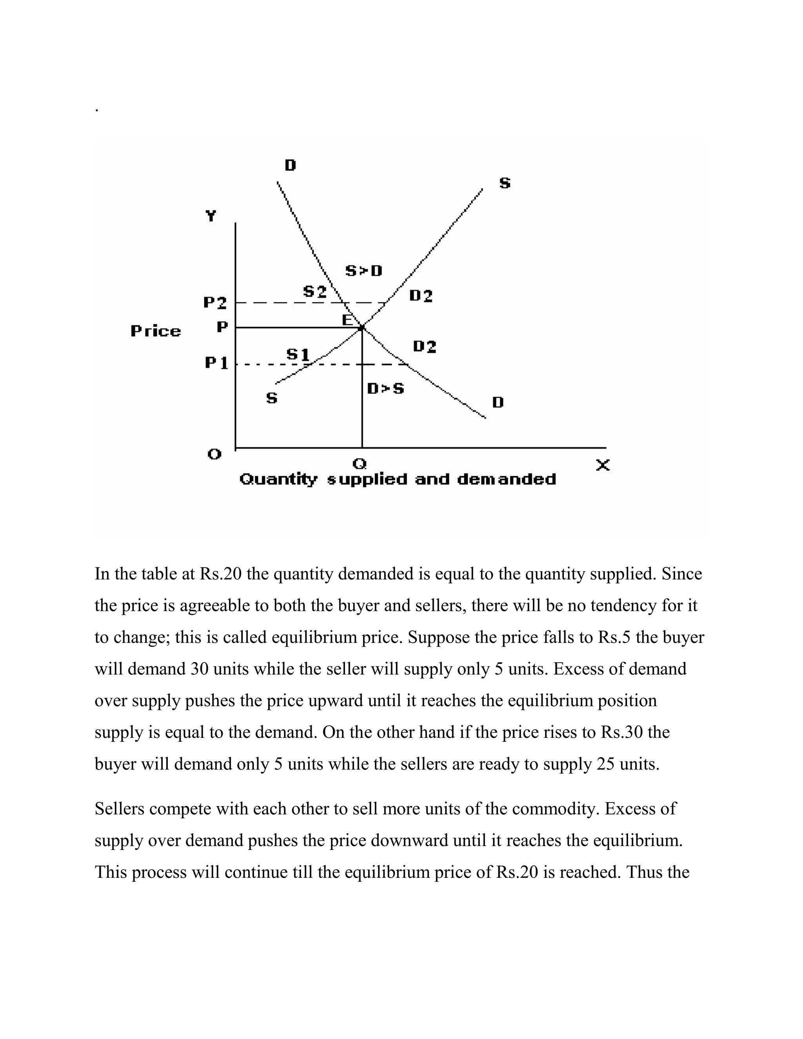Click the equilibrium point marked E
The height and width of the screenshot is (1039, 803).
pos(362,327)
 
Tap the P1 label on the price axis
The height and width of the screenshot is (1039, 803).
pos(216,363)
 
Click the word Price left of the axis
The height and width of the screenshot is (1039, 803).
pos(156,331)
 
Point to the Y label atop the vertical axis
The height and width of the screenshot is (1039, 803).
pos(211,216)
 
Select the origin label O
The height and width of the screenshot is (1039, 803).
pos(214,454)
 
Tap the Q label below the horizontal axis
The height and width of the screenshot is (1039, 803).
pos(360,463)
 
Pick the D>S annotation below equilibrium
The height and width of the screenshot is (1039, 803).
pos(385,389)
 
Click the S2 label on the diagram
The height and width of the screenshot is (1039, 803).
pos(315,292)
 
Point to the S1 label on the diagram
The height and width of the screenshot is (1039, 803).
pos(298,354)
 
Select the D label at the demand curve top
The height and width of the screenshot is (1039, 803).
pos(290,165)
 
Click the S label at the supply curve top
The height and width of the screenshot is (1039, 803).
pos(505,183)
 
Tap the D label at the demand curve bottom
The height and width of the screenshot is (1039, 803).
pos(498,403)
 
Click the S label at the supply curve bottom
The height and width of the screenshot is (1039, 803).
pos(272,398)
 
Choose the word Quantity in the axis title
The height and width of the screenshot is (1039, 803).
pos(278,480)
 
